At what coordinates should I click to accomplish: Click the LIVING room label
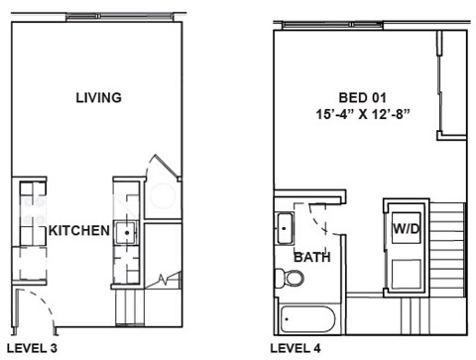[x=98, y=97]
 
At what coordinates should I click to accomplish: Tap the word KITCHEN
[x=78, y=230]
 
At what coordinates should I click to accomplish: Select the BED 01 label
[x=361, y=97]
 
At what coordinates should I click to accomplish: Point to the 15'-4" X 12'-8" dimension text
[x=361, y=115]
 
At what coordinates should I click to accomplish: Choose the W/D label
[x=406, y=229]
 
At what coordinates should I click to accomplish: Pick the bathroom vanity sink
[x=285, y=228]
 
